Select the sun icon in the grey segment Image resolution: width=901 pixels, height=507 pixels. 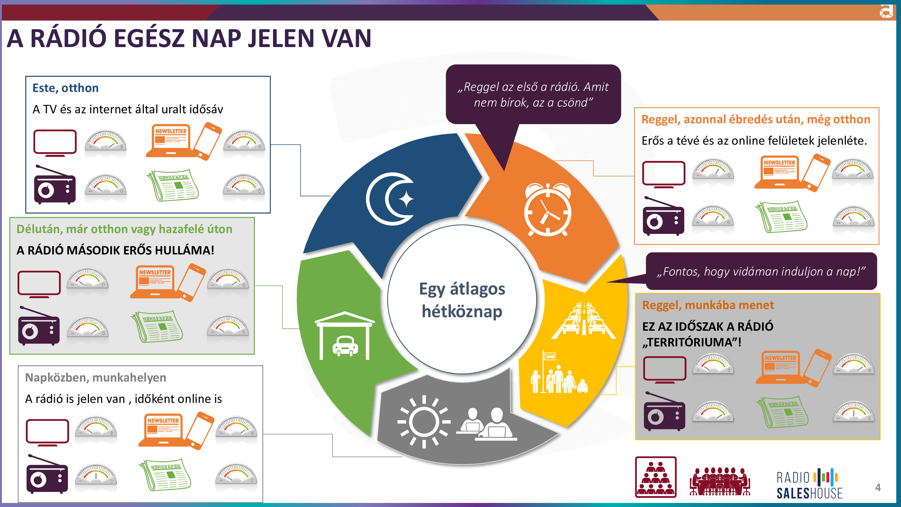click(424, 422)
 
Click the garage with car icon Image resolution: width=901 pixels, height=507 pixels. click(344, 336)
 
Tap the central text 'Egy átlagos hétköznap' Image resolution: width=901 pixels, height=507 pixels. click(462, 300)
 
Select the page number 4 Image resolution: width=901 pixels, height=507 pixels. click(877, 488)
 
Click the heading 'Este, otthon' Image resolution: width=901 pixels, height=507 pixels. click(65, 88)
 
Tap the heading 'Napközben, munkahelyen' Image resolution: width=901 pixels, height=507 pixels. click(95, 377)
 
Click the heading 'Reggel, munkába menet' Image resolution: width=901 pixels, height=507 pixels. click(708, 305)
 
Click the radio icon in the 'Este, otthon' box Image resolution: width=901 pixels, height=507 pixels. click(55, 185)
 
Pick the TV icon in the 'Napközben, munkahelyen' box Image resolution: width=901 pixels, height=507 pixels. click(47, 432)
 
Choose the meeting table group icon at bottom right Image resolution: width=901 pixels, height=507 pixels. click(719, 481)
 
